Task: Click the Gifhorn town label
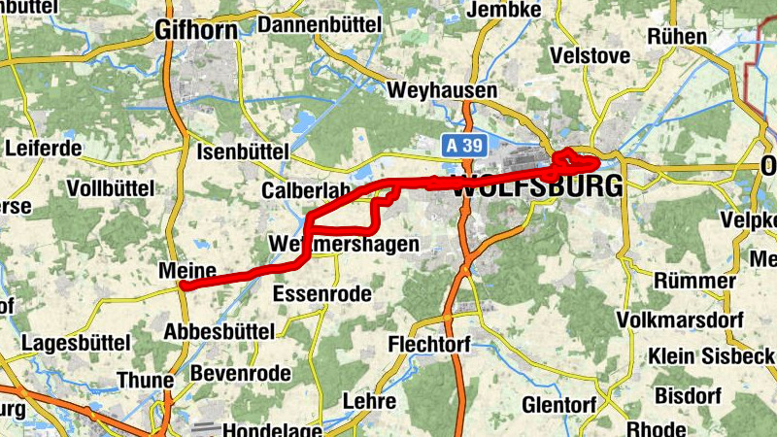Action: pos(196,31)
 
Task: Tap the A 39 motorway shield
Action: pos(462,144)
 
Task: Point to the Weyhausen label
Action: pos(442,90)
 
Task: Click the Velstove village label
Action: pos(590,56)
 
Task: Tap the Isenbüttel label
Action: pos(243,152)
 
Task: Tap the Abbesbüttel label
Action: pos(219,331)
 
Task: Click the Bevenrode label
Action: pos(241,373)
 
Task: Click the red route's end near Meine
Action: pos(183,286)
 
